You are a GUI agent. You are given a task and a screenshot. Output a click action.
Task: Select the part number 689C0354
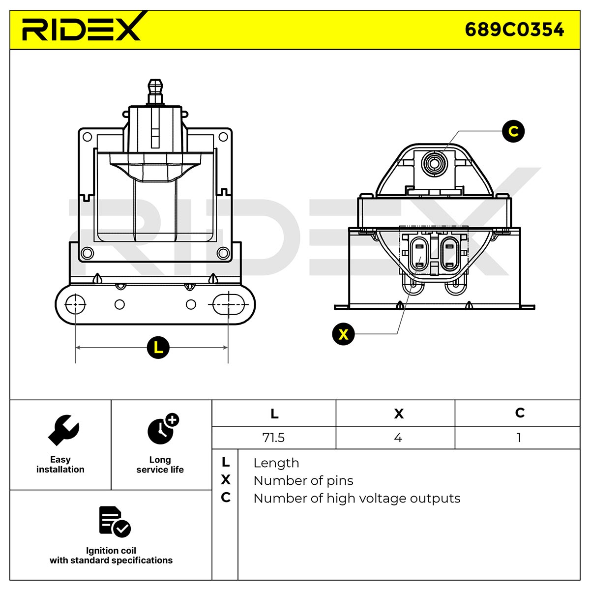pyautogui.click(x=514, y=29)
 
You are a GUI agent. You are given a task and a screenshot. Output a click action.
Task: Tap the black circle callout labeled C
pyautogui.click(x=513, y=131)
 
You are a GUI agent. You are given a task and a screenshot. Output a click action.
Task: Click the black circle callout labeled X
pyautogui.click(x=343, y=334)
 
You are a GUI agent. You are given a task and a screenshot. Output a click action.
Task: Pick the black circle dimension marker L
pyautogui.click(x=158, y=347)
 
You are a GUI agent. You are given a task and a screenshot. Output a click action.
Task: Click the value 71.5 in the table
pyautogui.click(x=273, y=438)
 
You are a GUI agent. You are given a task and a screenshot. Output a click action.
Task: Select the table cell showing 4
pyautogui.click(x=398, y=438)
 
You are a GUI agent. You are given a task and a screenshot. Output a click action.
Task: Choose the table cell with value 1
pyautogui.click(x=519, y=438)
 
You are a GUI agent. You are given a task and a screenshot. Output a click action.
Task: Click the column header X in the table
pyautogui.click(x=399, y=413)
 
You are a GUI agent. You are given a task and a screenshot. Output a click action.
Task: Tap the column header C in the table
pyautogui.click(x=520, y=413)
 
